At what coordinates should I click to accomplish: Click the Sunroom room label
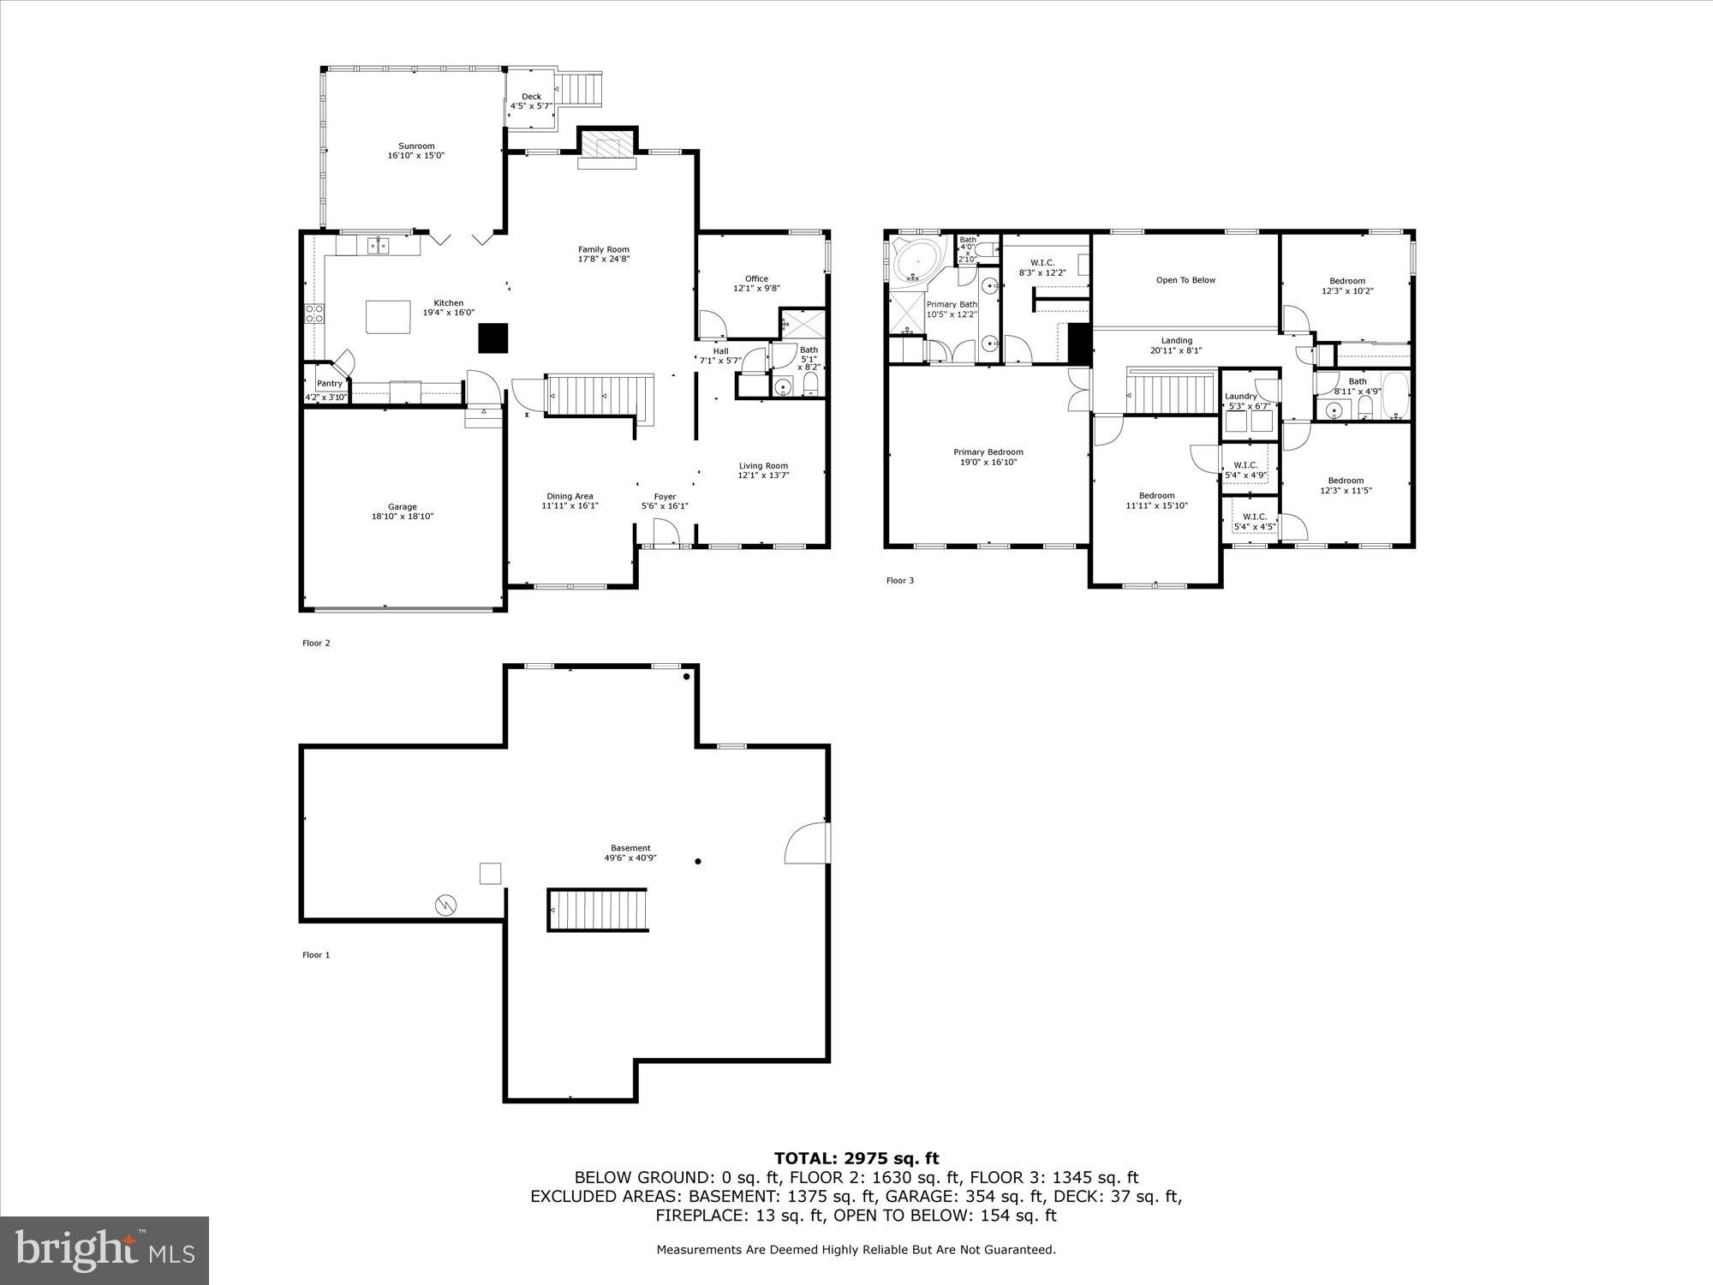pos(416,146)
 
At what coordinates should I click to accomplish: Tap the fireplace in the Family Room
pos(607,145)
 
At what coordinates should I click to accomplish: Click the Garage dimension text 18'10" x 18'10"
pos(403,517)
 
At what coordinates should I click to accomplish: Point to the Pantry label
pos(330,383)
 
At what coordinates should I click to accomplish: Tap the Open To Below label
pos(1185,280)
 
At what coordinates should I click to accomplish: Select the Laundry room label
pos(1240,396)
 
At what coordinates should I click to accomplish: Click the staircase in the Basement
pos(597,910)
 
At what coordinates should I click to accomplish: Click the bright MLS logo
pos(104,1250)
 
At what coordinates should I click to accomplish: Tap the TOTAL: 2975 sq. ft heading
pos(856,1159)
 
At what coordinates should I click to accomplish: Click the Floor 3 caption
pos(899,581)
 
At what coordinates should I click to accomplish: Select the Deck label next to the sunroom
pos(531,97)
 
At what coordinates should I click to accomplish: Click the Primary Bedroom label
pos(988,452)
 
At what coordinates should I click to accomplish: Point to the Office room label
pos(756,278)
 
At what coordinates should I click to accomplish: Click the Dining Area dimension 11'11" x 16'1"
pos(570,506)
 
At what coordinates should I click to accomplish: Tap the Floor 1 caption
pos(315,955)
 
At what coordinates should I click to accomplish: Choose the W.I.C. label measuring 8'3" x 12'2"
pos(1042,262)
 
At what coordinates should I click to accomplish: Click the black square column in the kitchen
pos(493,338)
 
